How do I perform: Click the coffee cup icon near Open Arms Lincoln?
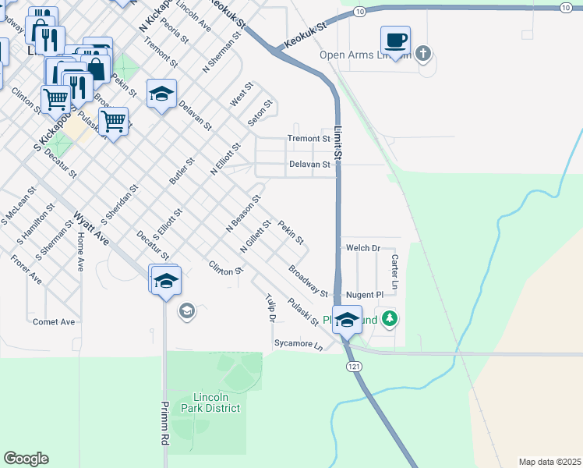tap(396, 41)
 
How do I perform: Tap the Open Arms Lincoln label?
tap(364, 55)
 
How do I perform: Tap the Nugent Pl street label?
tap(365, 295)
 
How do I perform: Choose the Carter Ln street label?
tap(394, 272)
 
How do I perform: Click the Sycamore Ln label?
tap(298, 343)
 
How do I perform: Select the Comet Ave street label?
tap(54, 321)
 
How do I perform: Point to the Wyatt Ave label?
tap(91, 229)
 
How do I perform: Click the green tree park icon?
tap(390, 319)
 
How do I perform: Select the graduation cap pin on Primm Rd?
tap(166, 282)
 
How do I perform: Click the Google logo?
tap(26, 458)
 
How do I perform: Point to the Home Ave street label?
tap(79, 254)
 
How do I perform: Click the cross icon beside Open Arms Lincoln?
tap(423, 54)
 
